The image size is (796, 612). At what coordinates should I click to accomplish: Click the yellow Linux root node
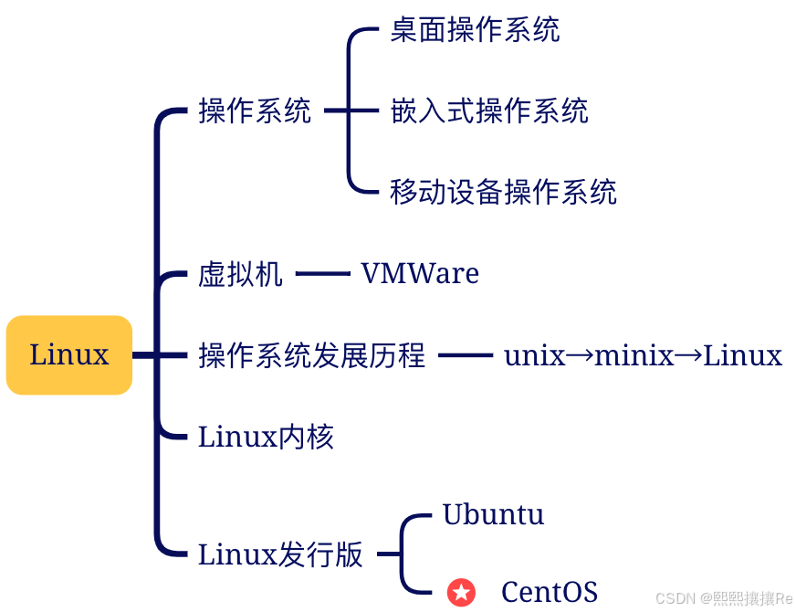coord(69,355)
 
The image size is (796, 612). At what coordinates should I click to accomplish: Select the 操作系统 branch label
coord(255,111)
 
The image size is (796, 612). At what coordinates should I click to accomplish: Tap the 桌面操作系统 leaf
coord(475,30)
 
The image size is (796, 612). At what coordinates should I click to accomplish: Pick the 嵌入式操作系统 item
coord(488,111)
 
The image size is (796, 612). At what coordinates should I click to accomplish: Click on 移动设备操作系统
coord(503,192)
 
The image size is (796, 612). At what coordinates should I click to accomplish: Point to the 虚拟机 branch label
coord(240,274)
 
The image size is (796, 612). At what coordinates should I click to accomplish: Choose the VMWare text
coord(420,274)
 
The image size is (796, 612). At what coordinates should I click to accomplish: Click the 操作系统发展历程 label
coord(311,355)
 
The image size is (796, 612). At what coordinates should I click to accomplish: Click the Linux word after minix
coord(742,355)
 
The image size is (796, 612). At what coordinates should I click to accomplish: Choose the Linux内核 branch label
coord(266,437)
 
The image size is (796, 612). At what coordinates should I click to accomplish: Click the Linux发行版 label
coord(280,554)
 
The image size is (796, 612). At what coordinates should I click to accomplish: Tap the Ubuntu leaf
coord(493,514)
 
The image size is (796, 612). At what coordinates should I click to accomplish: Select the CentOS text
coord(549,592)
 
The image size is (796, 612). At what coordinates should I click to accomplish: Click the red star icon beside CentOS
coord(461,593)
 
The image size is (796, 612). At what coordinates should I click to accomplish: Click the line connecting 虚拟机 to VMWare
coord(322,274)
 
